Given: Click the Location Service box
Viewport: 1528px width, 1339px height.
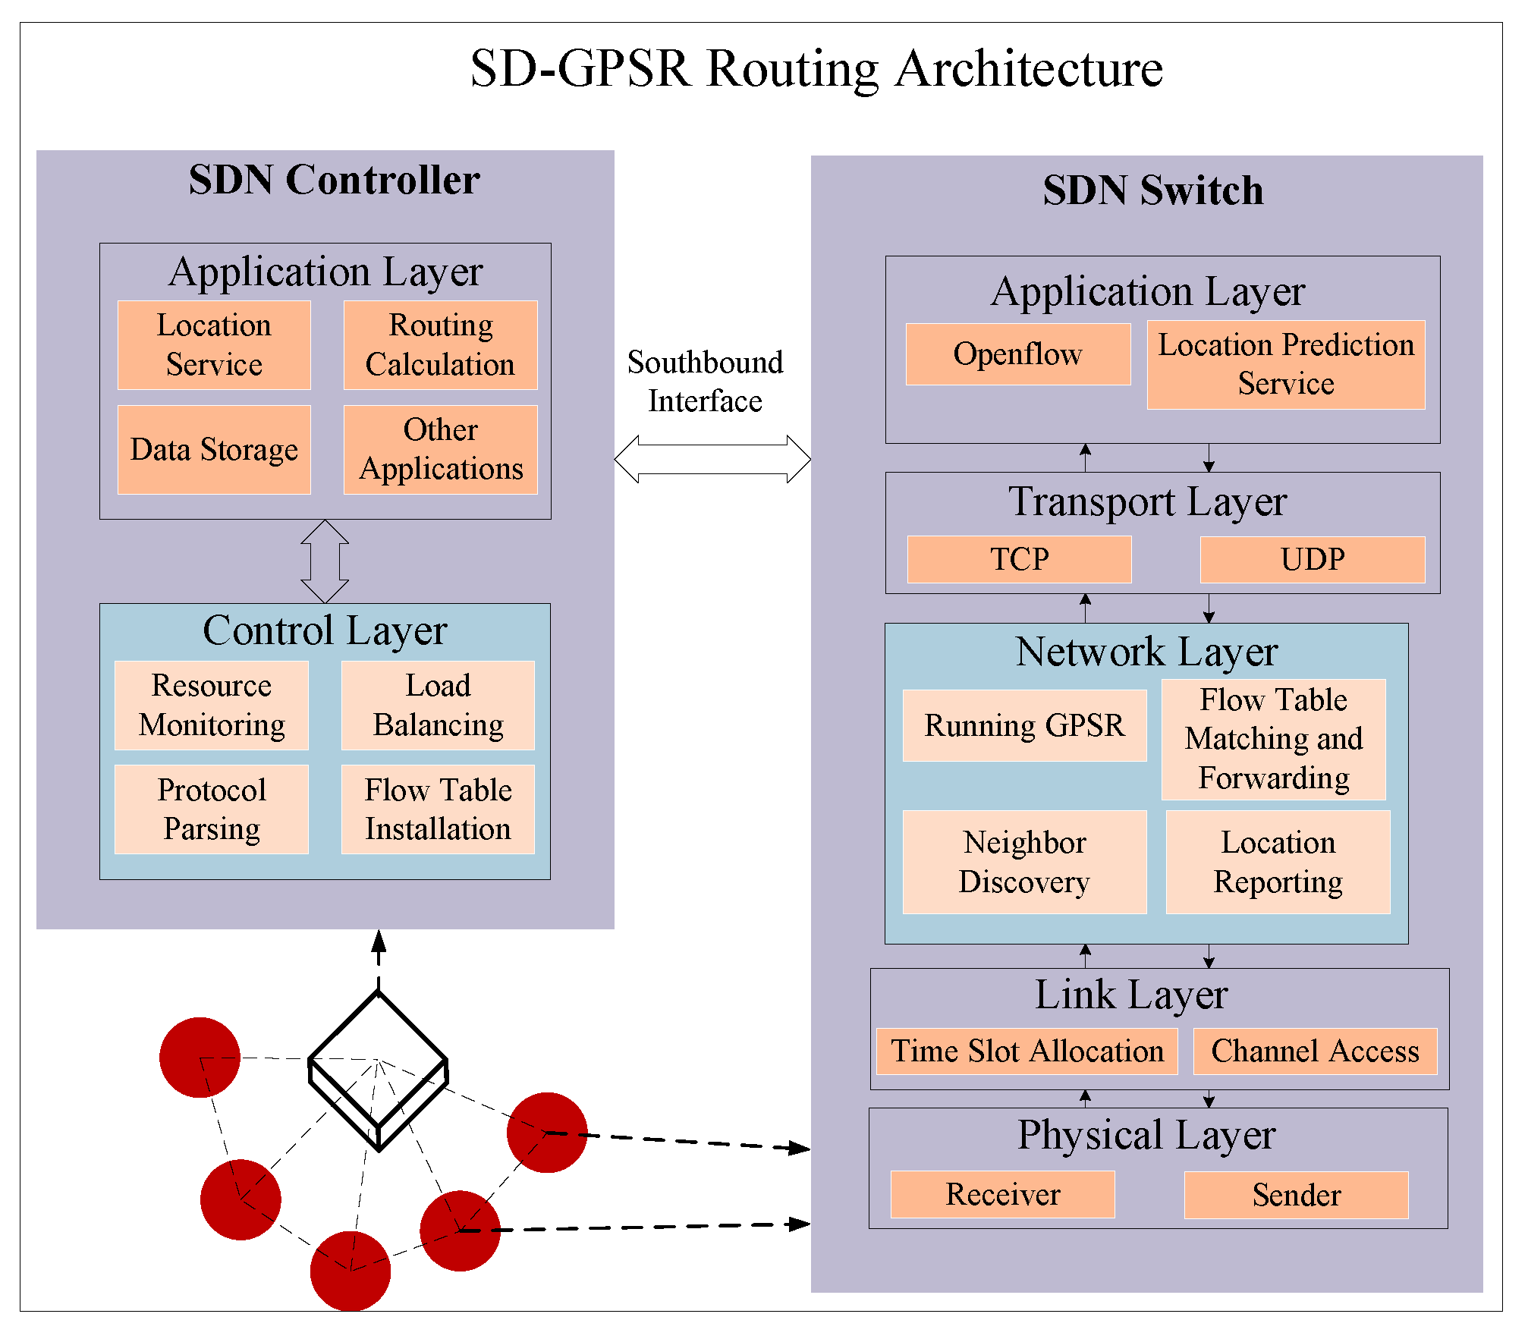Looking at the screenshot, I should [x=214, y=345].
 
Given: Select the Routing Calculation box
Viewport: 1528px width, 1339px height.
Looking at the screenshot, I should [x=440, y=345].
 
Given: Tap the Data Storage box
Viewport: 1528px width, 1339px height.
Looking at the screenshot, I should [x=214, y=450].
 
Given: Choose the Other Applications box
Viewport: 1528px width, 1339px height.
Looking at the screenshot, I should [x=440, y=450].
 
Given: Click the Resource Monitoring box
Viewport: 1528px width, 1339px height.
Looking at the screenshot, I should [x=212, y=706].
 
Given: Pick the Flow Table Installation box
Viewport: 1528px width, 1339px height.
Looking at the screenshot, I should [x=438, y=809].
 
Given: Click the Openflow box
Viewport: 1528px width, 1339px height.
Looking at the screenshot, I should [x=1018, y=354].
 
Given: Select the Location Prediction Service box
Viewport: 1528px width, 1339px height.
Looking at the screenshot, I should [x=1286, y=365].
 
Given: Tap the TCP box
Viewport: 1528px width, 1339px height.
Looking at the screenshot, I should [x=1019, y=560].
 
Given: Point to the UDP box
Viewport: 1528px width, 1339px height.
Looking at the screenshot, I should [x=1313, y=560].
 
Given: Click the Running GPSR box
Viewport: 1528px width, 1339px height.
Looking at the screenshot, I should [x=1024, y=726].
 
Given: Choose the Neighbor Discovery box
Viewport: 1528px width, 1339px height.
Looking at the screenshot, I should [x=1024, y=863].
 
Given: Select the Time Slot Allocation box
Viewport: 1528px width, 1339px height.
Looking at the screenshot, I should [x=1027, y=1051].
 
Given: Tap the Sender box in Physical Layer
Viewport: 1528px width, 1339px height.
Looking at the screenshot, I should [x=1296, y=1196].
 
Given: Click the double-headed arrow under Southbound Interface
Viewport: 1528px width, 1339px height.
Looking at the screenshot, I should [x=712, y=459].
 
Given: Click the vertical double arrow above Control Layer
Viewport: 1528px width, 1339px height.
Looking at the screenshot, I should [x=325, y=561].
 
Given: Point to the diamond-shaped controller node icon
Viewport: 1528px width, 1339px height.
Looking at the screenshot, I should [x=378, y=1070].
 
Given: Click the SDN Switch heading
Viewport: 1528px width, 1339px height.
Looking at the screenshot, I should [x=1153, y=190].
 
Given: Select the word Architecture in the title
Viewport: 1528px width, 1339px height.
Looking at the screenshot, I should [x=1029, y=69].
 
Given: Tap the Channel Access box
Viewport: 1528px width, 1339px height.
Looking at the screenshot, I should [x=1315, y=1051].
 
